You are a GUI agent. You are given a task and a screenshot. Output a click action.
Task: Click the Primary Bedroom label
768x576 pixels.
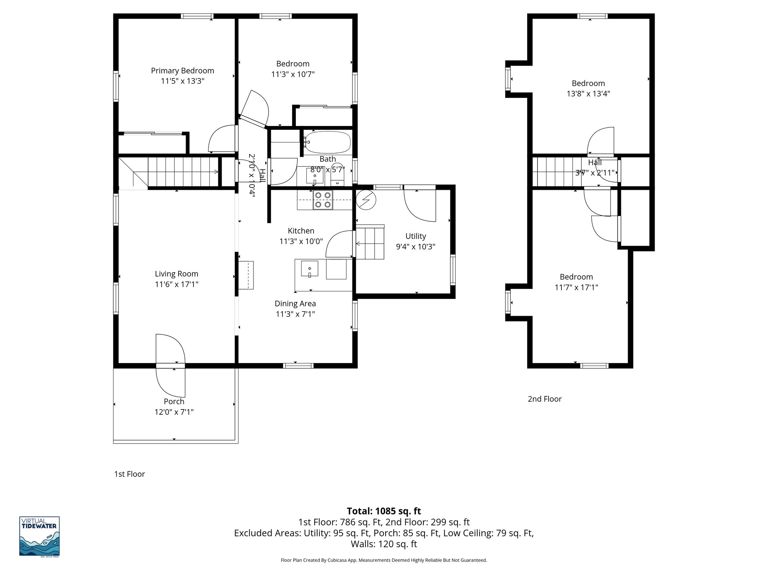(182, 70)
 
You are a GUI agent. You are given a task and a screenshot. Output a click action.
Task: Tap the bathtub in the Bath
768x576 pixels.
(327, 142)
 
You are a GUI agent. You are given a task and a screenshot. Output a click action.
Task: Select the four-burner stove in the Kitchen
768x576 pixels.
(322, 200)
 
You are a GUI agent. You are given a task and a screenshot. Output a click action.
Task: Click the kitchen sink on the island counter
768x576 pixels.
(309, 268)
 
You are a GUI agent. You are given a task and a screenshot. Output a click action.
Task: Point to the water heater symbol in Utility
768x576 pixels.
(366, 200)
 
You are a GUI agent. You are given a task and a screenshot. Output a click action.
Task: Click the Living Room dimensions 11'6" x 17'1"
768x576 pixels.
(176, 284)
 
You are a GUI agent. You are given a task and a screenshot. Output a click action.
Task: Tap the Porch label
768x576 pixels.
(174, 401)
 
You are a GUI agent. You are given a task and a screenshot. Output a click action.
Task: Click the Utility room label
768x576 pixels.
(415, 236)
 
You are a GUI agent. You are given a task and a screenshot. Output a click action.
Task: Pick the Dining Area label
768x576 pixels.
(295, 304)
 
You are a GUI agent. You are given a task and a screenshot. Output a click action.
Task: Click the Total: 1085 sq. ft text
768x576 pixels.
(384, 511)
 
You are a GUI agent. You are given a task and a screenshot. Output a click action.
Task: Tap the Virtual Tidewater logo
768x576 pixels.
(39, 536)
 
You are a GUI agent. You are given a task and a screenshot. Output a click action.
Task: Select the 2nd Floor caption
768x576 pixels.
(544, 399)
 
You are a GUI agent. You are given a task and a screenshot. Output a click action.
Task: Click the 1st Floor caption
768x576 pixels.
(129, 474)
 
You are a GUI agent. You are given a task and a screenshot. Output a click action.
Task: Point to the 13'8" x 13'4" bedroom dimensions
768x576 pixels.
(588, 94)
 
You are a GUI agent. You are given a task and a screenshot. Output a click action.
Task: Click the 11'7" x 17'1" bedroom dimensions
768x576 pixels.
(576, 288)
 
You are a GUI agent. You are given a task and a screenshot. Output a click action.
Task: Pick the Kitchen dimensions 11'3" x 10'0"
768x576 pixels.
(301, 241)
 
